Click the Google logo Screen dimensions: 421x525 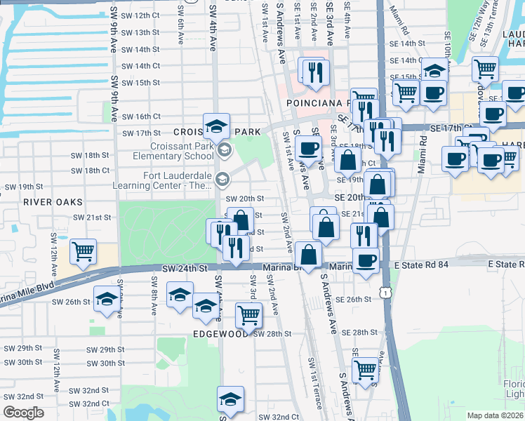coord(23,413)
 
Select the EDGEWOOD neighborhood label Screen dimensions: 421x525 coord(221,334)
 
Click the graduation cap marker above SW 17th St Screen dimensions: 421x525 coord(217,126)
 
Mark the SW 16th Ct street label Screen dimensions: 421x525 coord(141,116)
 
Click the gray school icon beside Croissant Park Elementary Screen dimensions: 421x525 coord(224,149)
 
